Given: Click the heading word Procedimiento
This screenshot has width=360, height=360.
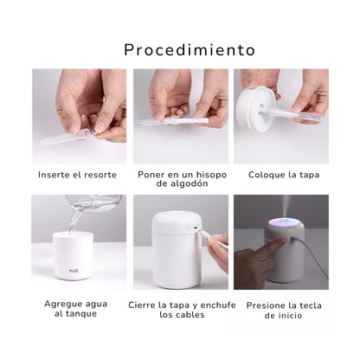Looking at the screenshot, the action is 190,50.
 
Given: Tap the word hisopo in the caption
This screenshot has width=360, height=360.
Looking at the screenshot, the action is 211,175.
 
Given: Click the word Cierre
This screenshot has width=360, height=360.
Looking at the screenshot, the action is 142,305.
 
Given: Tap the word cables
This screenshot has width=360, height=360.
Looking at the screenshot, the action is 190,315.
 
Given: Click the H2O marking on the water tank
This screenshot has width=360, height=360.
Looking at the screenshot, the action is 74,271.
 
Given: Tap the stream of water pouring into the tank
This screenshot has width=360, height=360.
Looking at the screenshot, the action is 74,219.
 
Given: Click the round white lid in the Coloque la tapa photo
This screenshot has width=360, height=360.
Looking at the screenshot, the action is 256,110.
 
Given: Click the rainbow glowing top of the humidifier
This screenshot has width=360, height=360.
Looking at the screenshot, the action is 284,223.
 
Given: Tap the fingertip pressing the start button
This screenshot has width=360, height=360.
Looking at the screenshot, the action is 283,241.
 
